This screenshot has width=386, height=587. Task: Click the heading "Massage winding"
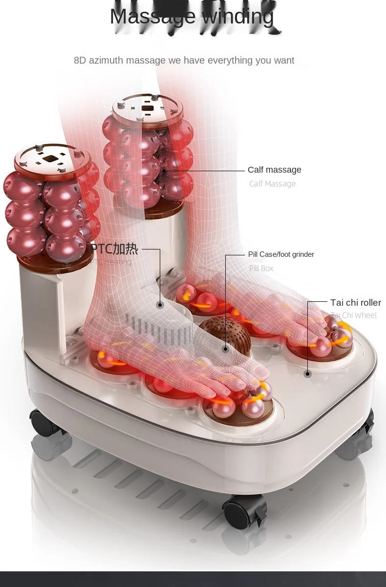(192, 17)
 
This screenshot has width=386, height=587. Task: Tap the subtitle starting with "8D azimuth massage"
(184, 60)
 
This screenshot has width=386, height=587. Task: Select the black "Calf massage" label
(274, 170)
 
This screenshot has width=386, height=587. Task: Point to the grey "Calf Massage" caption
(272, 184)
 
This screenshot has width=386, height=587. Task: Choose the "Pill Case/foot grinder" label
(281, 254)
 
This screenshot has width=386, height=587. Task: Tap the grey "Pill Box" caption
(261, 268)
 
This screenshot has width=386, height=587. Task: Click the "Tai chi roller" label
(355, 303)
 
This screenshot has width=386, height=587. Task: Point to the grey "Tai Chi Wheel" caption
(353, 316)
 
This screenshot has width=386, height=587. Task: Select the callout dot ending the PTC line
(160, 305)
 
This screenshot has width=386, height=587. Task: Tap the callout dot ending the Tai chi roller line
(307, 374)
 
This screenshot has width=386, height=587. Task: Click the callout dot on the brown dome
(225, 349)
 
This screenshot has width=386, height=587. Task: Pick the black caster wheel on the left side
(44, 423)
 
